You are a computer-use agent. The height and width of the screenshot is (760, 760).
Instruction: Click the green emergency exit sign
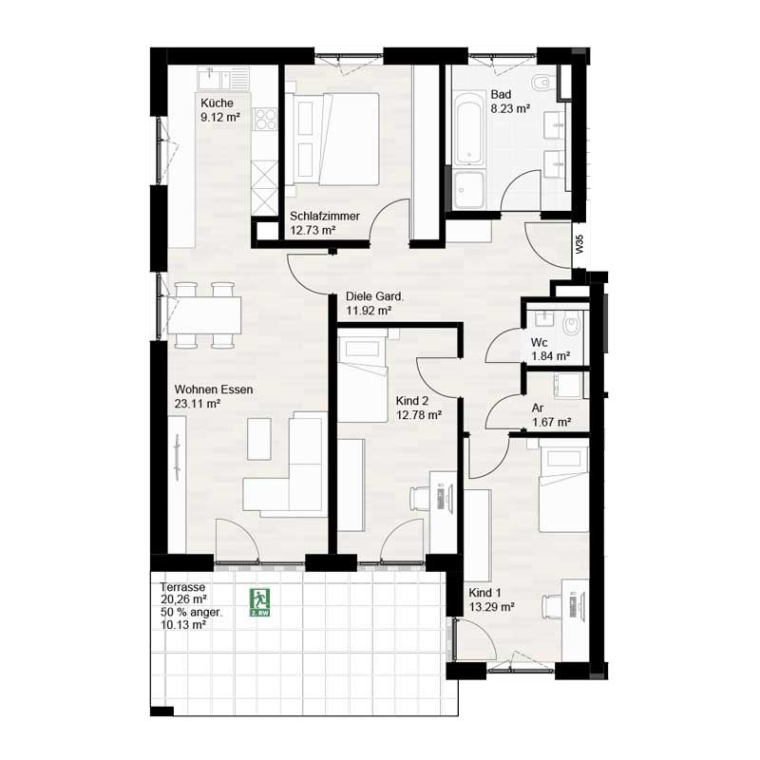pos(259,602)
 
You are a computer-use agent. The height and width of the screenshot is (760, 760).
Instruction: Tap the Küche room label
pos(217,104)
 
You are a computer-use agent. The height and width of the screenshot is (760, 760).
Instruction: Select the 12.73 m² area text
pos(313,230)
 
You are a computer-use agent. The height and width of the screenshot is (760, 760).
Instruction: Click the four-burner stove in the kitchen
pos(266,120)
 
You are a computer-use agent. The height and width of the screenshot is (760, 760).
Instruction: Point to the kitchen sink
pos(223,78)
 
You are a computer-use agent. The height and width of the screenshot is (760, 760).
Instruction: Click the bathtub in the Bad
pos(469,126)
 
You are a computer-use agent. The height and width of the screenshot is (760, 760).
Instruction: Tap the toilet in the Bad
pos(541,84)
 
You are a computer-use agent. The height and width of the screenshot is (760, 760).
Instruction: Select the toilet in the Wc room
pos(572,325)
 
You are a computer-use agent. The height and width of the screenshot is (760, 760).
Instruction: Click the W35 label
pos(579,244)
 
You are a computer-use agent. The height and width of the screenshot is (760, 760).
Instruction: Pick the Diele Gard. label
pos(374,296)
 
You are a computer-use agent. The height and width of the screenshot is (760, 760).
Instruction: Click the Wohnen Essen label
pos(214,389)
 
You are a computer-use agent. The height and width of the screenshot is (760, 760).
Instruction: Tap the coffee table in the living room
pos(258,439)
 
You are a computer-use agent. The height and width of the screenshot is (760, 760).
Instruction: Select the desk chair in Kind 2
pos(420,499)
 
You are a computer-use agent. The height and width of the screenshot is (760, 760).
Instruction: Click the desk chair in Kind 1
pos(552,606)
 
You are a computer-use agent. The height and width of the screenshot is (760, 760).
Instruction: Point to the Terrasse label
pos(182,587)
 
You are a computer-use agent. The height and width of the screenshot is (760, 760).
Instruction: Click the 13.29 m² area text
pos(492,606)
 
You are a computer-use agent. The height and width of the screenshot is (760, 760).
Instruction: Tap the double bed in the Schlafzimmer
pos(332,139)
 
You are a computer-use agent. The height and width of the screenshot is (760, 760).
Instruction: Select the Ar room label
pos(538,408)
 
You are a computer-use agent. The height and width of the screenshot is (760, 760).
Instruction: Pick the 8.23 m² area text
pos(510,108)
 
